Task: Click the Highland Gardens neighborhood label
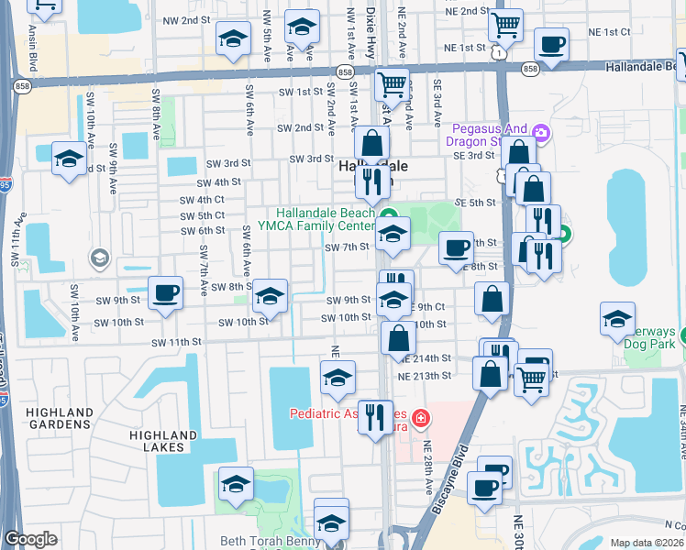(60, 419)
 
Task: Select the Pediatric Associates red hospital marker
(420, 419)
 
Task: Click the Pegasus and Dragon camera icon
(540, 134)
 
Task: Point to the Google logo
(30, 539)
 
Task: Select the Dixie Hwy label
(371, 35)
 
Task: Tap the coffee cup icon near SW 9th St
(165, 293)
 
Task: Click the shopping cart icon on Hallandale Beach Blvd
(393, 83)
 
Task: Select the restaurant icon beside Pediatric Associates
(374, 417)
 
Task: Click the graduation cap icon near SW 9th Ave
(69, 159)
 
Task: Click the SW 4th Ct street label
(202, 200)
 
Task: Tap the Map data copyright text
(647, 543)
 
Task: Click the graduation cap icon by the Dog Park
(617, 318)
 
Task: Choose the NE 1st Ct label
(609, 31)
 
